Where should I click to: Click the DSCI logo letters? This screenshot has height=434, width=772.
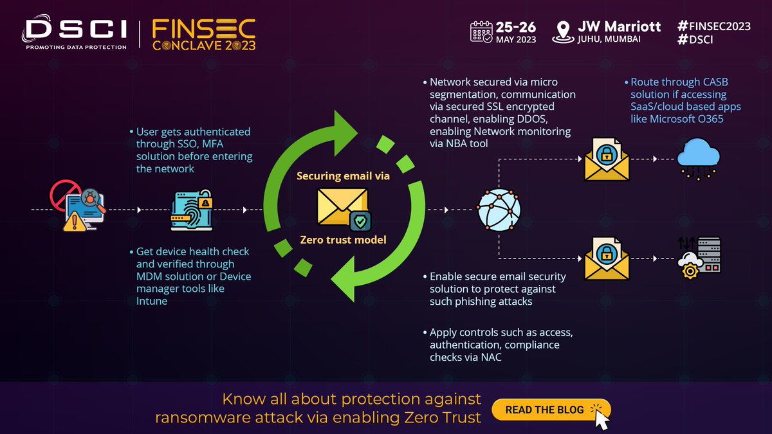tap(75, 30)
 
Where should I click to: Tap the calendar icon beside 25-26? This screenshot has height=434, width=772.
tap(481, 31)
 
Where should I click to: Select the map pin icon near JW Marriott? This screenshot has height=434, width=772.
tap(564, 32)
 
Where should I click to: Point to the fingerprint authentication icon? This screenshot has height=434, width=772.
tap(190, 210)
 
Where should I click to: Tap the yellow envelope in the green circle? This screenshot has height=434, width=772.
tap(342, 207)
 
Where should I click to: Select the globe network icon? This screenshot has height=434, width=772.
tap(498, 210)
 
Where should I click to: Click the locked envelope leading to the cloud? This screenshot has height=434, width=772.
tap(605, 159)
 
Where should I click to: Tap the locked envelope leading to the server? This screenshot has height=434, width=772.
tap(605, 258)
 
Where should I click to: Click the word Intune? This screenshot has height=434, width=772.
tap(152, 301)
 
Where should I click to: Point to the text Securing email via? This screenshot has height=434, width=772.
tap(343, 176)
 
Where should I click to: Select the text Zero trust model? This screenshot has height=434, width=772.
tap(342, 240)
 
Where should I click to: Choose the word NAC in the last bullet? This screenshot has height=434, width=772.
tap(490, 357)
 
